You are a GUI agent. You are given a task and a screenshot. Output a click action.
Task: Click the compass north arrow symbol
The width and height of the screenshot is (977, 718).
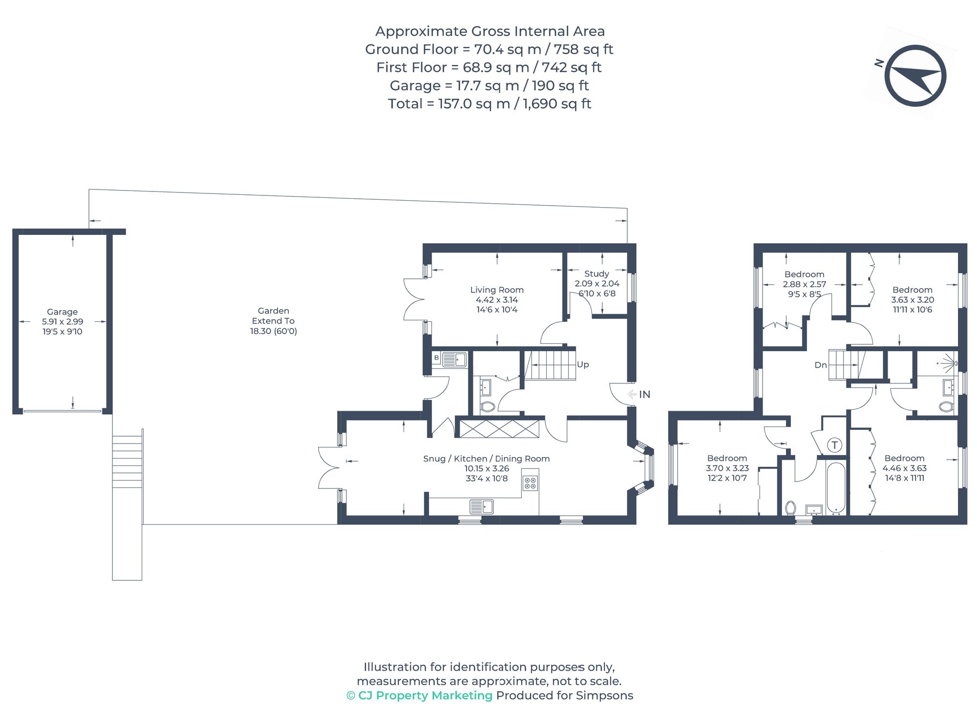coord(915,76)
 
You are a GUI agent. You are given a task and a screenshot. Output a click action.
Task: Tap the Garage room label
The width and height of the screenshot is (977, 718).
coord(62,312)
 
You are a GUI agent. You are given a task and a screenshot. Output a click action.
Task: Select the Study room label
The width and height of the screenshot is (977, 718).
coord(596,274)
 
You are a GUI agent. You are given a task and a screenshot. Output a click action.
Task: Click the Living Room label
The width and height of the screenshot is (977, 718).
coord(497,290)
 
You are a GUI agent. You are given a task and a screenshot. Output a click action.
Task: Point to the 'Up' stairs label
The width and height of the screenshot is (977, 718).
coord(583,364)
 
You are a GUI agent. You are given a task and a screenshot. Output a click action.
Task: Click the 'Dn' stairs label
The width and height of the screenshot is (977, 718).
coord(821,365)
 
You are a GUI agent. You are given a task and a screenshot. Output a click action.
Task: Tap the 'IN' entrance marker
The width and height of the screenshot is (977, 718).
coord(645,394)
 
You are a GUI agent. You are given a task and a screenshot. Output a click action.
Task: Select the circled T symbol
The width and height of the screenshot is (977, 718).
coord(834,445)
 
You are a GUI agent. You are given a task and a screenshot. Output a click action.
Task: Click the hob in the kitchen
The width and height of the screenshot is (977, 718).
coord(530,483)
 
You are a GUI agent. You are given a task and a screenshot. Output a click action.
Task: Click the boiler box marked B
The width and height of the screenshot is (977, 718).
coord(436,358)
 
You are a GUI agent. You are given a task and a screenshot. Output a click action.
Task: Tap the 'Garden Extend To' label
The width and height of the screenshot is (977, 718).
coord(274,316)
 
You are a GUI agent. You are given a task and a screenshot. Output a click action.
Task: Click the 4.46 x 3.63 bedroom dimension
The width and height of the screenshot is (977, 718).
coord(905,468)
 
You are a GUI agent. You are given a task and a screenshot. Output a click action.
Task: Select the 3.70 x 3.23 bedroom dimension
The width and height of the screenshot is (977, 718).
coord(727,468)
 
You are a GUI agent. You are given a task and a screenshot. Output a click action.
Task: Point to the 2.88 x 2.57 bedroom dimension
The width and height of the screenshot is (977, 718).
coord(805,284)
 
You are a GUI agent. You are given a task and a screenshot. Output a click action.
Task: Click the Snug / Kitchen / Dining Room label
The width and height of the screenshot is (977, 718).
coord(487,459)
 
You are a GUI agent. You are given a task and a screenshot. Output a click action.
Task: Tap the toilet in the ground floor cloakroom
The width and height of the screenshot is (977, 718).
coord(488,406)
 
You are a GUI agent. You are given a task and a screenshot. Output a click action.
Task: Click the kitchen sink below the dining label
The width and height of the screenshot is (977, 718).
coord(482,507)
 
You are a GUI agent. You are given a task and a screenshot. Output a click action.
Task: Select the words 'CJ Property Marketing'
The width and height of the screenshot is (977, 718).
coord(425,695)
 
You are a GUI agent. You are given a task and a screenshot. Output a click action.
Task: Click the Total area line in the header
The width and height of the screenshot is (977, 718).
coord(489,104)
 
